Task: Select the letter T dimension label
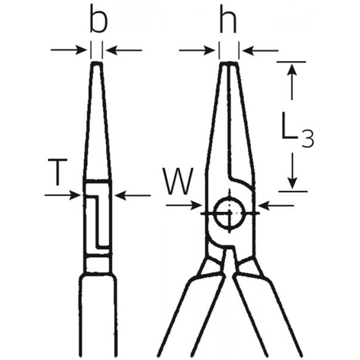point(58,172)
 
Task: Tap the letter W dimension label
point(178,182)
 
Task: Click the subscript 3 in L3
point(307,139)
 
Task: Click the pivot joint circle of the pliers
point(230,213)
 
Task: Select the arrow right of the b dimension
point(124,50)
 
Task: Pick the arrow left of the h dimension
point(197,50)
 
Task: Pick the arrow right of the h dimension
point(260,51)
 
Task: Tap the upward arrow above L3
point(292,82)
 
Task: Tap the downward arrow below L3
point(293,171)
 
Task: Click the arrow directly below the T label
point(63,195)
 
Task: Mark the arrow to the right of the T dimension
point(133,195)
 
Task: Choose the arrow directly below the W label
point(184,205)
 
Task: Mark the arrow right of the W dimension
point(276,205)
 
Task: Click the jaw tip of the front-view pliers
point(229,63)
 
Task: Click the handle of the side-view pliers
point(98,315)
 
